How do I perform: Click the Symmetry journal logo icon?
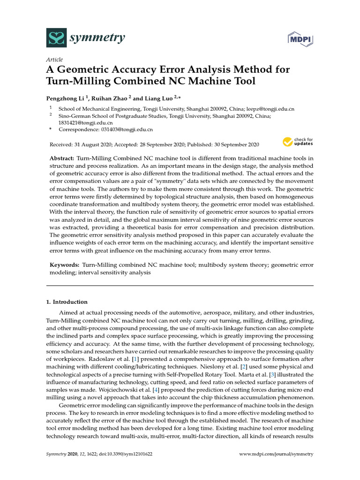click(x=56, y=37)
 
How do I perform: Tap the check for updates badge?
click(x=298, y=141)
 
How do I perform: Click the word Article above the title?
click(x=54, y=60)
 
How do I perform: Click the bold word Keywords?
click(x=65, y=265)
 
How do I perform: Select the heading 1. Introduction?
click(x=67, y=302)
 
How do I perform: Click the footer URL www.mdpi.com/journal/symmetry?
click(x=276, y=454)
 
